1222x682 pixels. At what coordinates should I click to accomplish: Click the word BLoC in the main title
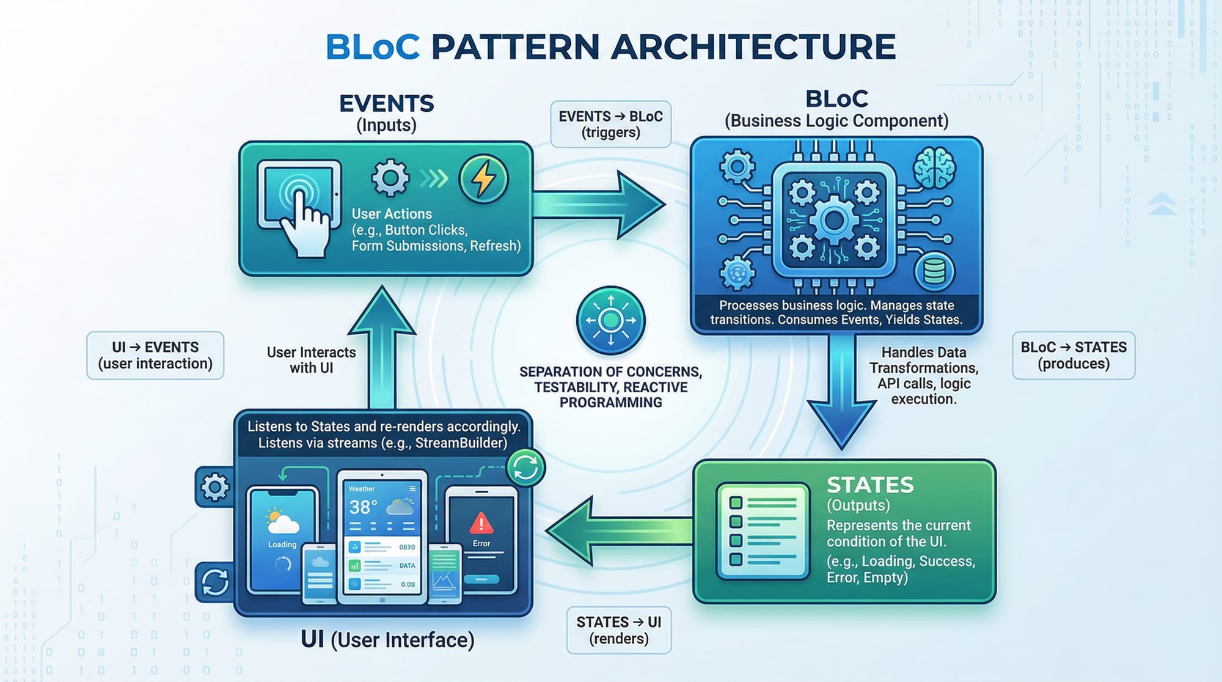tap(372, 47)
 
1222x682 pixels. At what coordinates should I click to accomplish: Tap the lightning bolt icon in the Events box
tap(483, 178)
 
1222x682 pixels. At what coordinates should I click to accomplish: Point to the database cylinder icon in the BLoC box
tap(934, 271)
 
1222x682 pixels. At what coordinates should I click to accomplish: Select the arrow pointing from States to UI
tap(617, 530)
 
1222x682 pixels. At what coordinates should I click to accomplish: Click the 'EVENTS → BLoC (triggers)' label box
tap(610, 124)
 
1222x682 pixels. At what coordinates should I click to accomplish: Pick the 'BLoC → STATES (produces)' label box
tap(1074, 355)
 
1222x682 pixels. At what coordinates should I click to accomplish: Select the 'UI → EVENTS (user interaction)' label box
tap(155, 355)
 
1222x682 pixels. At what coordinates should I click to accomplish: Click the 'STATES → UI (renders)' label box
tap(618, 630)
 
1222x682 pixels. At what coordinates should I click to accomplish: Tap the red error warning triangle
tap(481, 523)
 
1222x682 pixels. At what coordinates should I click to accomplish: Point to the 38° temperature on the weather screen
tap(363, 507)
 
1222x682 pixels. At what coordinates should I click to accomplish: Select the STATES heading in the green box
tap(870, 485)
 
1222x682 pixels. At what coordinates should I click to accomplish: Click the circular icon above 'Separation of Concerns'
tap(610, 320)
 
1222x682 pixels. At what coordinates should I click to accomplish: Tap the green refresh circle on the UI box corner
tap(525, 468)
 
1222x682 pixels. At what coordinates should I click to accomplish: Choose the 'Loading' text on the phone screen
tap(282, 544)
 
